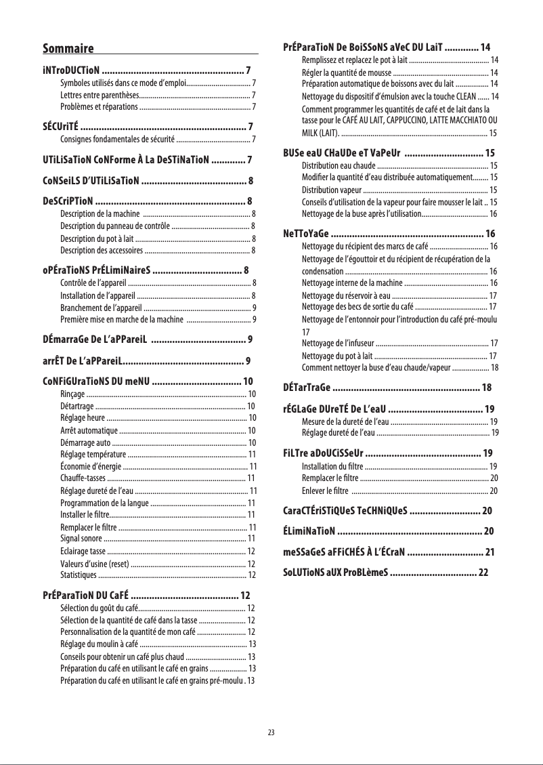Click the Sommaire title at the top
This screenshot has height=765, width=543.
pos(68,48)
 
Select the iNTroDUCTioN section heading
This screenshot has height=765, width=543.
pos(72,70)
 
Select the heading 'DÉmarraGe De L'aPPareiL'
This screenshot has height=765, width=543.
pos(94,339)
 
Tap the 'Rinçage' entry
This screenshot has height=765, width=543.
pos(72,394)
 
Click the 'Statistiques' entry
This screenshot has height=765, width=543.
pos(78,575)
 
